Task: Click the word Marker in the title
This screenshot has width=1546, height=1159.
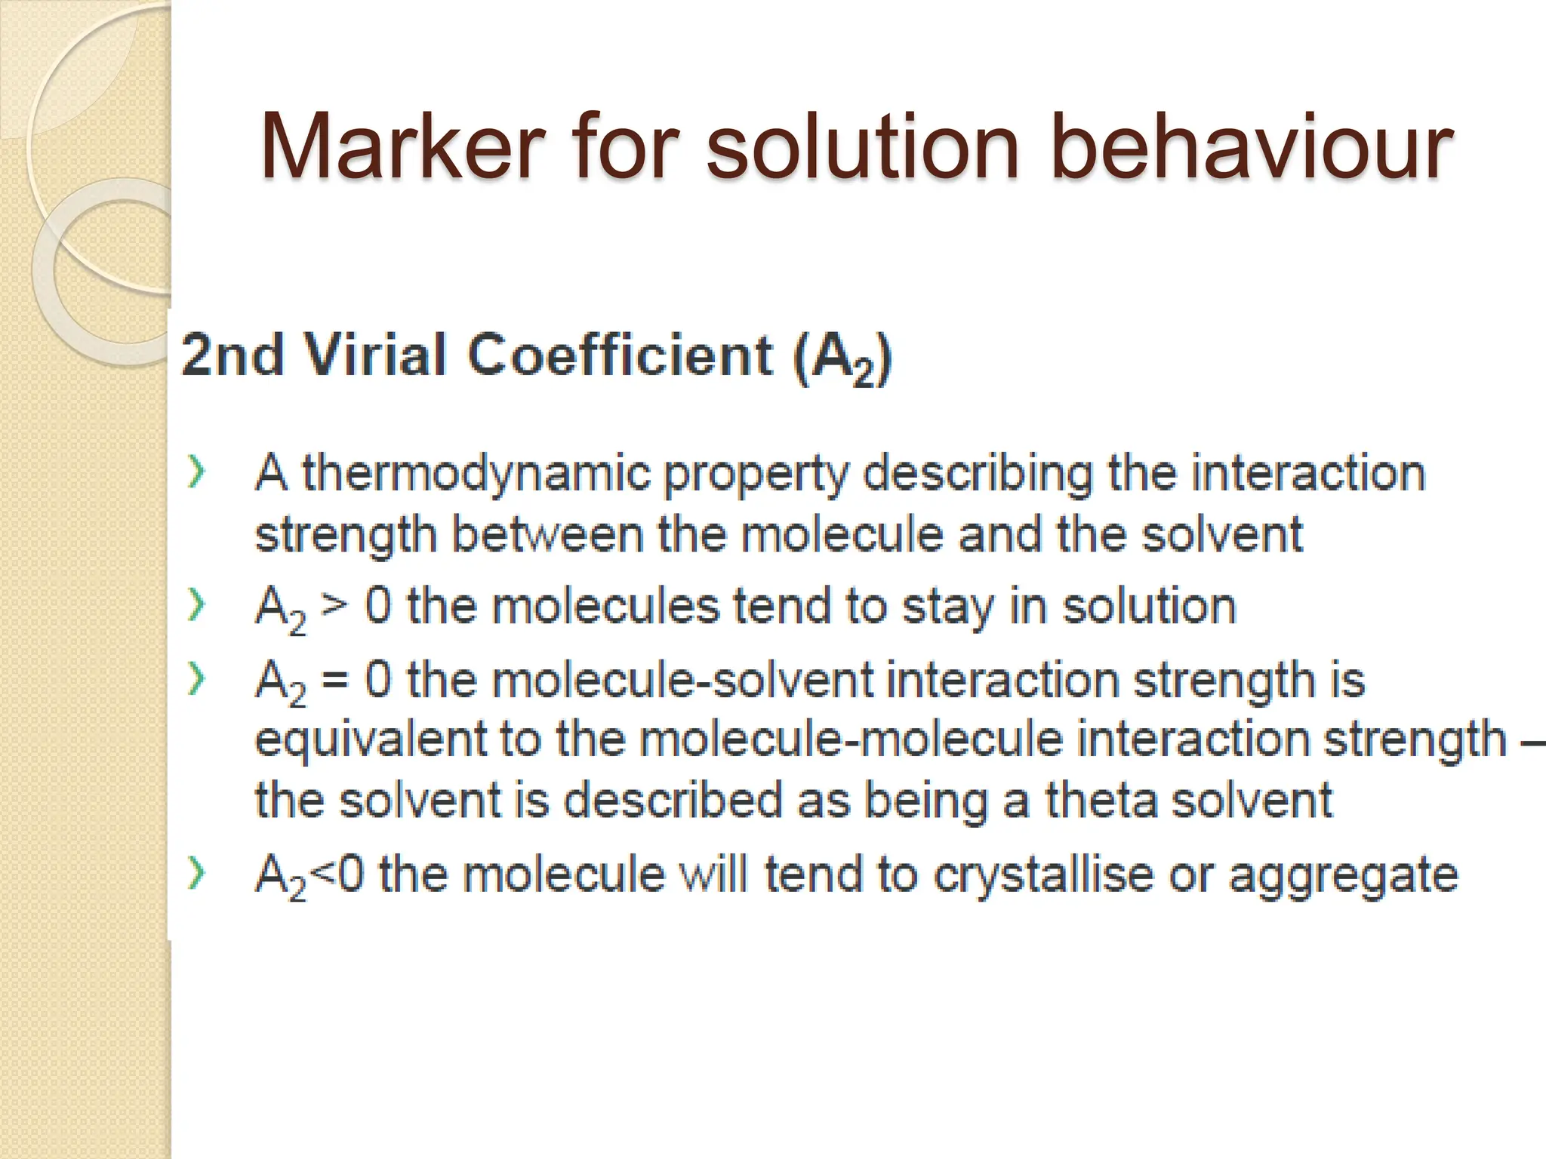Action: click(402, 146)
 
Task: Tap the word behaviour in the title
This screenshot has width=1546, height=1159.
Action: click(1251, 146)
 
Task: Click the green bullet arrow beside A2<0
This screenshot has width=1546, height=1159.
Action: click(196, 874)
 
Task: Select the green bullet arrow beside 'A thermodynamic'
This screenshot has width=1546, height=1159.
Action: click(196, 474)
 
